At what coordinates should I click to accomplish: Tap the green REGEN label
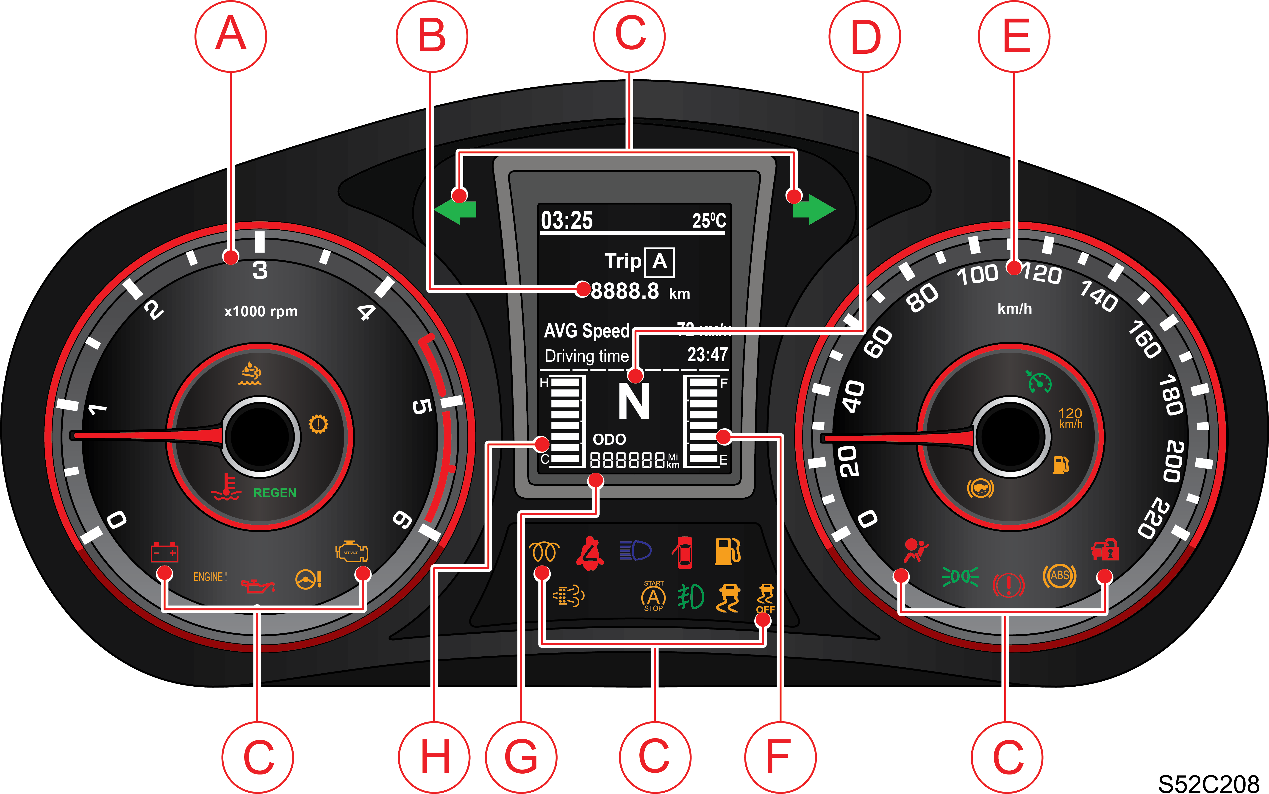click(275, 493)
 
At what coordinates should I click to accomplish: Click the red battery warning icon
click(164, 552)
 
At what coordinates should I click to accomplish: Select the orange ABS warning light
click(1059, 576)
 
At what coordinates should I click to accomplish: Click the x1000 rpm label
click(261, 311)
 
